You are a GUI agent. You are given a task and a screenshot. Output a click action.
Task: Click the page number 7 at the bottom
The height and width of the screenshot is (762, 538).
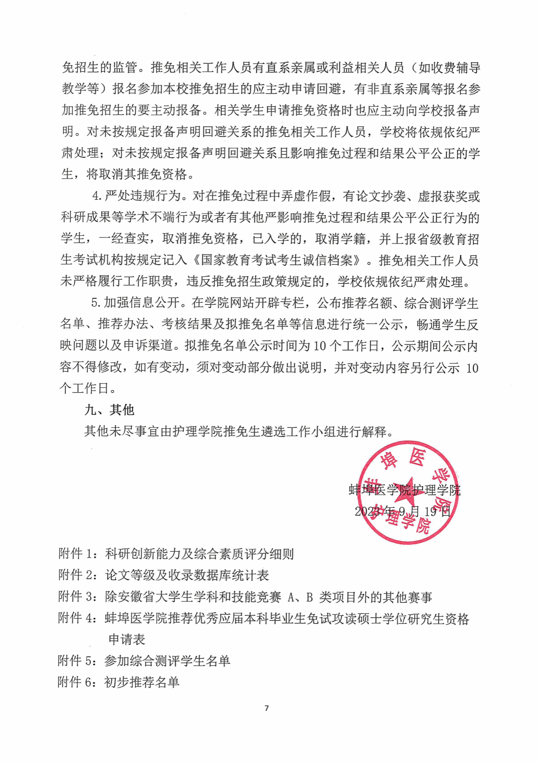pyautogui.click(x=267, y=708)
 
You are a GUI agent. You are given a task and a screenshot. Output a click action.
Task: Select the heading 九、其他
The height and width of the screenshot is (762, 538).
pyautogui.click(x=109, y=410)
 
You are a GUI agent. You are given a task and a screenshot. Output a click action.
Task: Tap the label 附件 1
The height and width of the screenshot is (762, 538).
pyautogui.click(x=76, y=553)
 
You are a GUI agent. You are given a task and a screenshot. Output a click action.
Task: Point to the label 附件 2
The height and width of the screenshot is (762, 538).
pyautogui.click(x=76, y=575)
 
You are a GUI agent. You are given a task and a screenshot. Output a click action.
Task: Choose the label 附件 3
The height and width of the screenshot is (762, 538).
pyautogui.click(x=76, y=597)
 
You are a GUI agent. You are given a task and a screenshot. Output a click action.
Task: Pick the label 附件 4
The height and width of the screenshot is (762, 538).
pyautogui.click(x=76, y=618)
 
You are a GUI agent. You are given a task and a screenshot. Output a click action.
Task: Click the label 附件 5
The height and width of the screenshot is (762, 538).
pyautogui.click(x=76, y=661)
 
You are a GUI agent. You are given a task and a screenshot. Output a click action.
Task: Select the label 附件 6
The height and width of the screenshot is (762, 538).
pyautogui.click(x=76, y=682)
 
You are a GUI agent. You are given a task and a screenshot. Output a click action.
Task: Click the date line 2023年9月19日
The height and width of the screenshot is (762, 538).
pyautogui.click(x=402, y=511)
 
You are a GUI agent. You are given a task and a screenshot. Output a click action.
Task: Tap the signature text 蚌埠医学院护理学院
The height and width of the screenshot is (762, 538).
pyautogui.click(x=405, y=490)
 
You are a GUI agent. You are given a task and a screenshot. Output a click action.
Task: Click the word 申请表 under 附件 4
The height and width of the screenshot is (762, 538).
pyautogui.click(x=127, y=639)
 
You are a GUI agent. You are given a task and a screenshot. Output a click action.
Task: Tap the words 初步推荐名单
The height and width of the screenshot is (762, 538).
pyautogui.click(x=142, y=682)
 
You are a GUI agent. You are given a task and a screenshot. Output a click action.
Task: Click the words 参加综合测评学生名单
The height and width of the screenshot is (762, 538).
pyautogui.click(x=167, y=661)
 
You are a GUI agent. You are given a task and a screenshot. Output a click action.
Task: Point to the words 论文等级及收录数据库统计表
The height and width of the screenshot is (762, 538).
pyautogui.click(x=187, y=575)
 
